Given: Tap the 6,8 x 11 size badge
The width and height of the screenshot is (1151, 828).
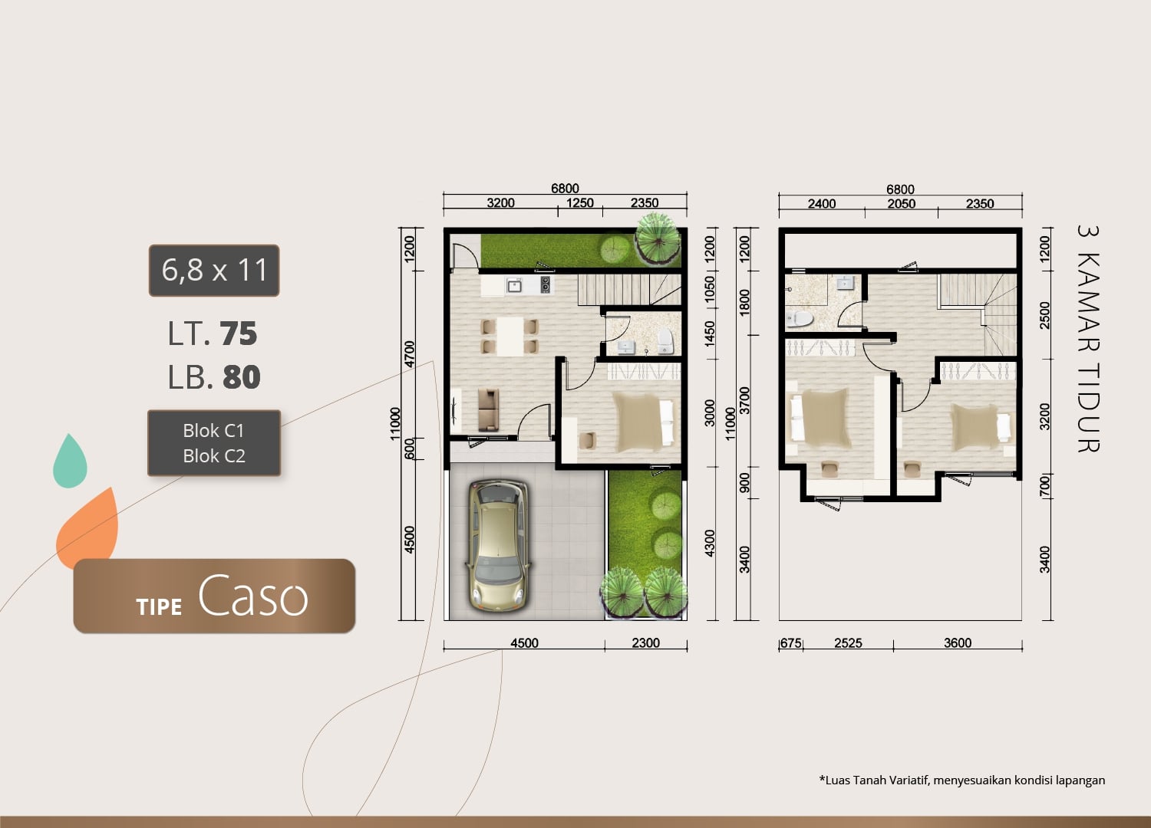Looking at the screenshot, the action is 214,271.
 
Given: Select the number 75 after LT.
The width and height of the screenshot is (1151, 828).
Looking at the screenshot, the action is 239,333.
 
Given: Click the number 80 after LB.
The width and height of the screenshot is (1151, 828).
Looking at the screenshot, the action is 242,377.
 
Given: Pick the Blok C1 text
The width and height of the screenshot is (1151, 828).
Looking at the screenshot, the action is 214,431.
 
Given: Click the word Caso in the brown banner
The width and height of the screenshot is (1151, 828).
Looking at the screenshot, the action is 252,596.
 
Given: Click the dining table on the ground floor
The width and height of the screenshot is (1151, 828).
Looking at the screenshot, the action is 510,337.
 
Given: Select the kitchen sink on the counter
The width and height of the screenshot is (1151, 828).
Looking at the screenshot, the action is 514,285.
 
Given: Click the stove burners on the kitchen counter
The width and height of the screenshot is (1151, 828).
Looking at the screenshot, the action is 545,285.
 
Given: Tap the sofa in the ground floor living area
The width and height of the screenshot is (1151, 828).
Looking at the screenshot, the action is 488,409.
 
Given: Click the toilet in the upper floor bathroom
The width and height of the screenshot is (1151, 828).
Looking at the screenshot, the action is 799,318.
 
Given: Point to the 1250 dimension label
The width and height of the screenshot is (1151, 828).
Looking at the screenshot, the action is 579,202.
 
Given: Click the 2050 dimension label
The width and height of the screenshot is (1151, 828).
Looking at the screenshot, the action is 902,204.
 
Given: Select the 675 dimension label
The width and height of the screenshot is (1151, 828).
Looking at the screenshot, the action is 791,643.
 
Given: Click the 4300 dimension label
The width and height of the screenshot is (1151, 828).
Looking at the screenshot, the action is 710,543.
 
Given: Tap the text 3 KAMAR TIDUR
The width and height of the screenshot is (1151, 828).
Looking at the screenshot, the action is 1088,339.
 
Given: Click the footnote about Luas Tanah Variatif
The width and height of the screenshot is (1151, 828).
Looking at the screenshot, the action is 962,780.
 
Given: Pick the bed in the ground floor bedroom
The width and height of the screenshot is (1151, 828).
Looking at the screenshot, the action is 643,422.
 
